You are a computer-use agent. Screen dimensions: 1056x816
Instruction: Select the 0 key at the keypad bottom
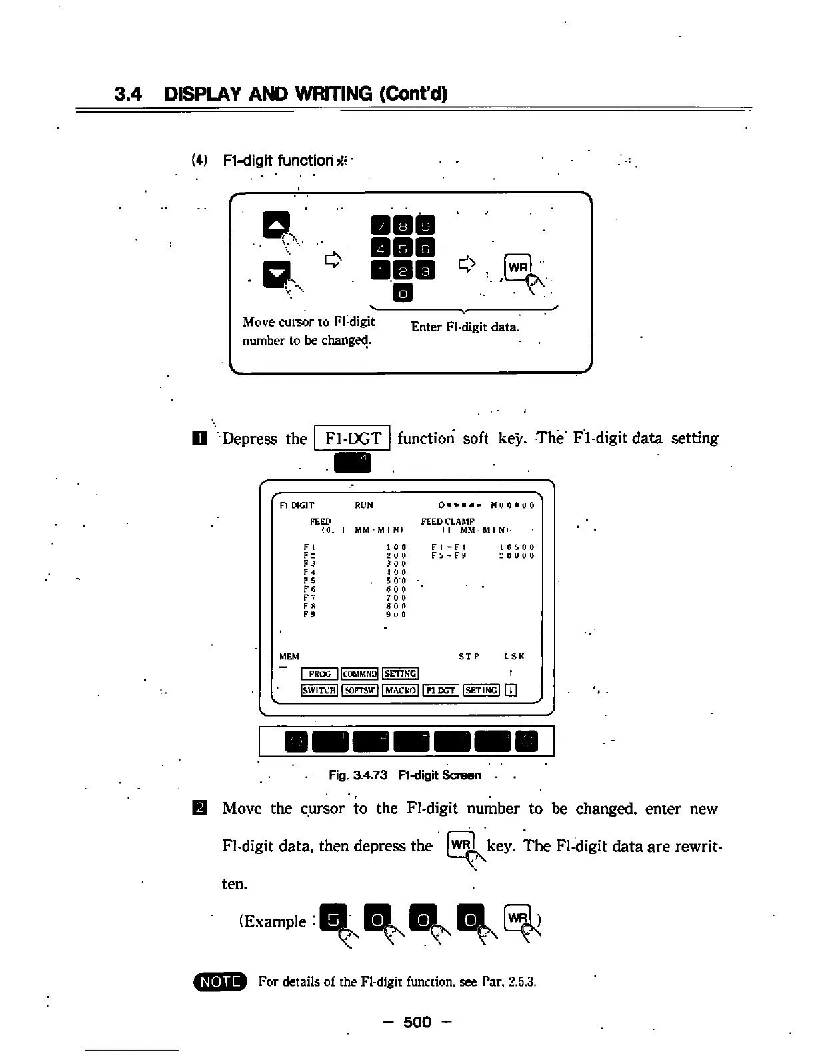point(403,293)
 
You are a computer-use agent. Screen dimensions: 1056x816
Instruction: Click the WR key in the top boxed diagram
point(518,267)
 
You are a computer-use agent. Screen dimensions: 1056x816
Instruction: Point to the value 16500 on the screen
point(517,547)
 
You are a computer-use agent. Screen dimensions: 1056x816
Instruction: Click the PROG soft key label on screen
point(320,674)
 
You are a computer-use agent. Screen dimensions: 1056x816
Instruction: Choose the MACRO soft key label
point(401,690)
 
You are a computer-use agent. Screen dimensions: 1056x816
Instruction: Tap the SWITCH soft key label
point(320,690)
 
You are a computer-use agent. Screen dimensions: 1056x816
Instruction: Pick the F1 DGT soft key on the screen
point(441,690)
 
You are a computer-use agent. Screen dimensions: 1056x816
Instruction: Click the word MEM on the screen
point(289,657)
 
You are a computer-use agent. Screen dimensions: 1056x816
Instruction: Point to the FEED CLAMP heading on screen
point(448,521)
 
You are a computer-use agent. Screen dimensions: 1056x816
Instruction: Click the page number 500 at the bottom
point(417,1022)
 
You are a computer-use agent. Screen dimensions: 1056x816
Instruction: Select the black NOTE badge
point(220,981)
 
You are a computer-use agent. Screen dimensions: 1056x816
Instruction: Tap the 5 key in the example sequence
point(331,920)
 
